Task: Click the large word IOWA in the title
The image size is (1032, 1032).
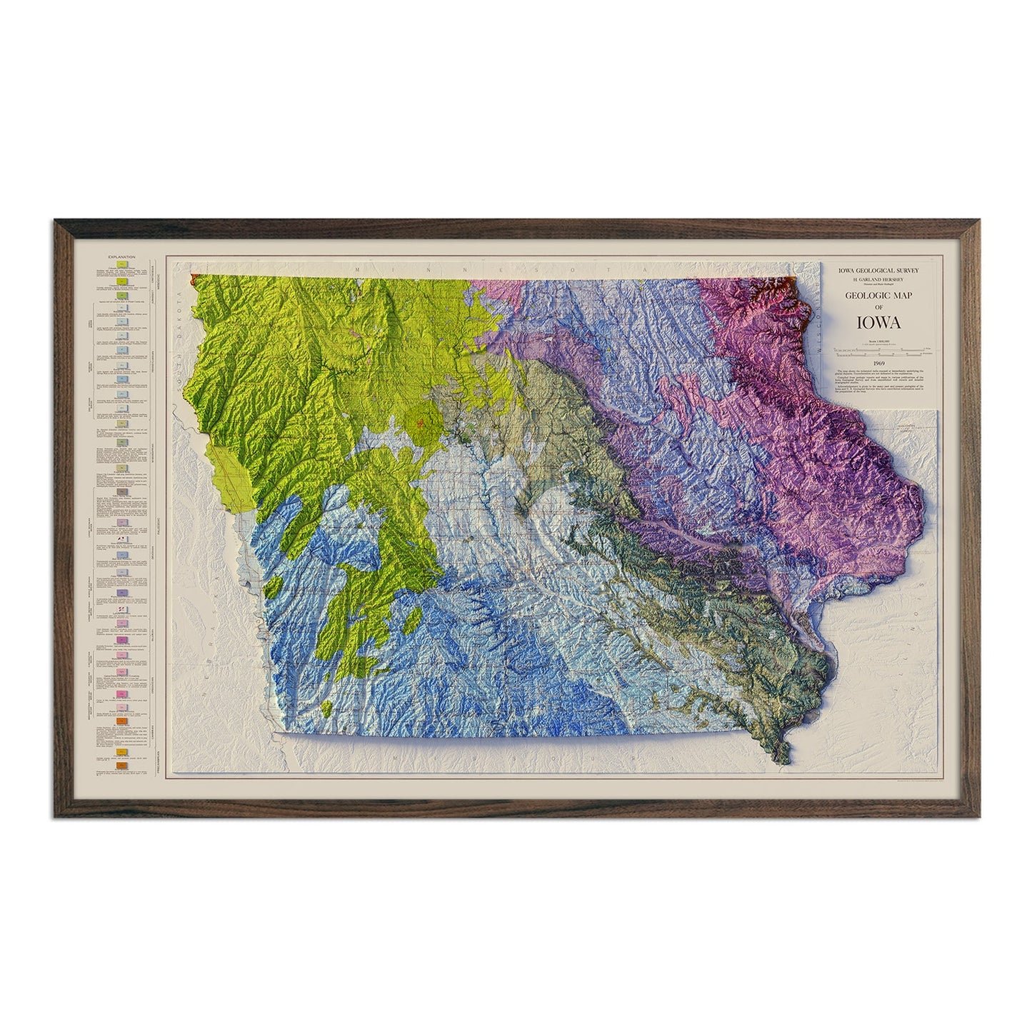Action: [x=879, y=321]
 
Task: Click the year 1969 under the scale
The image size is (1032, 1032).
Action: [x=879, y=362]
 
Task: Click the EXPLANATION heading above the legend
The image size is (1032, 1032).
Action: [x=119, y=256]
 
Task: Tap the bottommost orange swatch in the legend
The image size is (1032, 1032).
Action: [x=122, y=766]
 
